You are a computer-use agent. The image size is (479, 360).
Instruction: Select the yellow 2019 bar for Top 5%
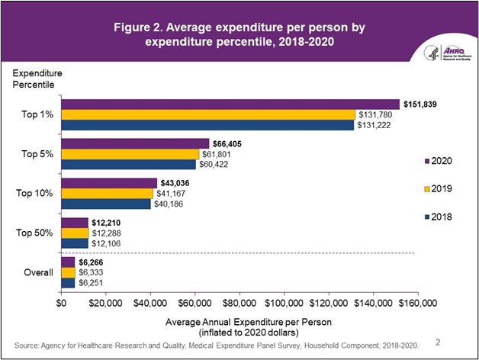(x=130, y=154)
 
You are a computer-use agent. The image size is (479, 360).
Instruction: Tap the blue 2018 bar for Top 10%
(x=106, y=204)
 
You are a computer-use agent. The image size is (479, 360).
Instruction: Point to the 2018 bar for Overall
(x=68, y=282)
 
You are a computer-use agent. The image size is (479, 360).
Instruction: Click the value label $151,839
(x=420, y=104)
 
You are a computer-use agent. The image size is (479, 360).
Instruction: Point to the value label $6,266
(x=92, y=262)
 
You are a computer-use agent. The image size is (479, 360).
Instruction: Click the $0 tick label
(x=62, y=304)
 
